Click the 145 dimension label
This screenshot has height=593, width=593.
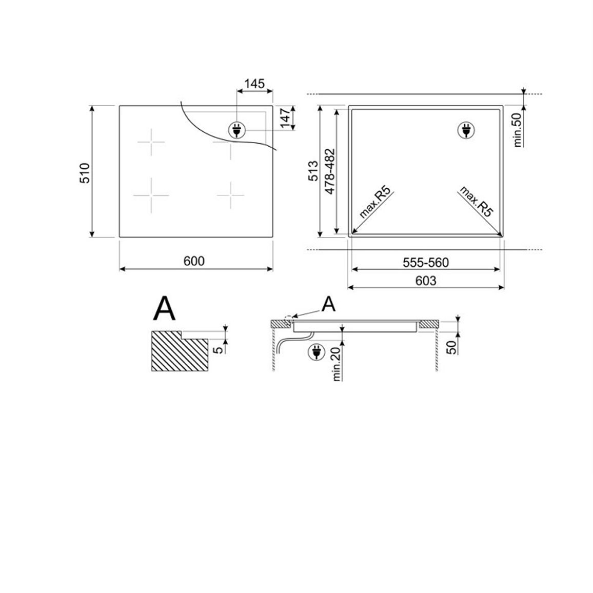(254, 84)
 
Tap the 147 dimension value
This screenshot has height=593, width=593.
(286, 117)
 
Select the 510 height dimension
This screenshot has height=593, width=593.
(85, 173)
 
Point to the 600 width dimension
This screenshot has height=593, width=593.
(194, 261)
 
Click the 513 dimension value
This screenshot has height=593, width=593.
(313, 171)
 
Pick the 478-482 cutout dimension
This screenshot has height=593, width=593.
(330, 171)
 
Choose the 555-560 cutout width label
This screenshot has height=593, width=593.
(425, 263)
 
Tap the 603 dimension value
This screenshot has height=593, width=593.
(425, 281)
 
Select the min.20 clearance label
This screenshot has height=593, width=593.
(336, 364)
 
